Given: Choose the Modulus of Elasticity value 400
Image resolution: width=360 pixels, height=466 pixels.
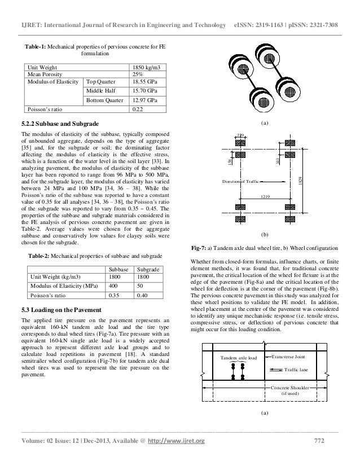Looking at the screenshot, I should click(115, 286).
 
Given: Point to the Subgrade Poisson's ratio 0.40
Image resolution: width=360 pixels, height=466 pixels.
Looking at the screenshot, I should click(143, 295).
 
